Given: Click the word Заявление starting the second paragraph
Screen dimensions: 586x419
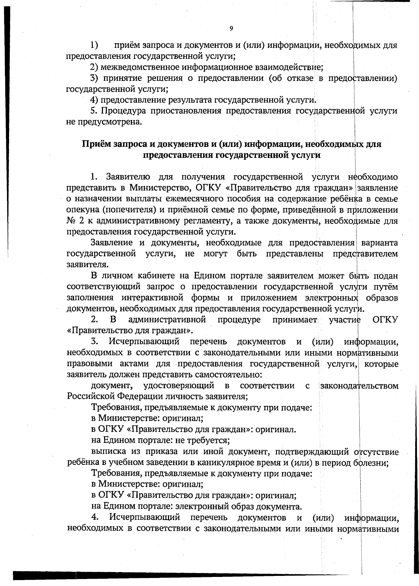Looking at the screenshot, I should coord(111,243).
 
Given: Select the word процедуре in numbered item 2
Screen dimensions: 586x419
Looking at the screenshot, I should coord(239,320).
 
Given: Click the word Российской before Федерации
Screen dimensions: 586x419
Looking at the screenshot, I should coord(90,397).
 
